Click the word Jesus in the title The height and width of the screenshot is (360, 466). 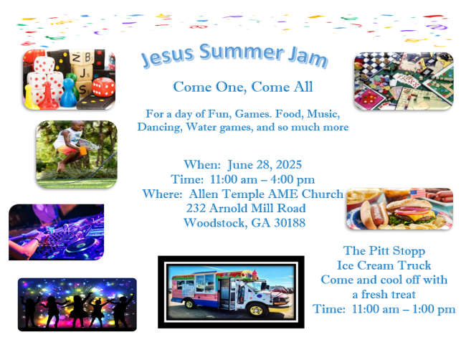(x=167, y=56)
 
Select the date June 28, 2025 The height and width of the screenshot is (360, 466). (x=265, y=165)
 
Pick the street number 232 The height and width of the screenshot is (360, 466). (x=196, y=208)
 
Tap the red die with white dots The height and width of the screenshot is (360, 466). (x=103, y=87)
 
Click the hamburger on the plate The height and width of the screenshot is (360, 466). (x=410, y=212)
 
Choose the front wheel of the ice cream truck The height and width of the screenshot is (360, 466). (x=257, y=310)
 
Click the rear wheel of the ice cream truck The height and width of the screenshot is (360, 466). (x=189, y=304)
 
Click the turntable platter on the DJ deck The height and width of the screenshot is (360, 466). (x=82, y=246)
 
